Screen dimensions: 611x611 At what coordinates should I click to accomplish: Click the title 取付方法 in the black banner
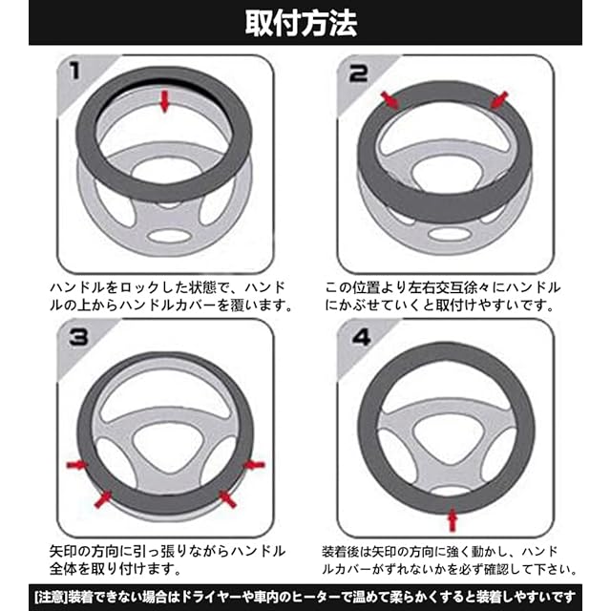point(302,23)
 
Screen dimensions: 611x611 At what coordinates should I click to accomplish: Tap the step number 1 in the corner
point(74,72)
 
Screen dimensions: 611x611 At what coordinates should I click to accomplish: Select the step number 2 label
point(358,73)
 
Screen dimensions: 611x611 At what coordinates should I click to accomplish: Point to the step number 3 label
point(78,337)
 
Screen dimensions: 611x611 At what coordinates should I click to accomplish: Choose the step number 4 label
point(361,337)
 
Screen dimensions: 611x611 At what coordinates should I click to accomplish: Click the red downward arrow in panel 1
point(165,101)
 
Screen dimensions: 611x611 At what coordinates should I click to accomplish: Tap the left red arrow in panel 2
point(390,100)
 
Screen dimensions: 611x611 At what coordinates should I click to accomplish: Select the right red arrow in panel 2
point(498,100)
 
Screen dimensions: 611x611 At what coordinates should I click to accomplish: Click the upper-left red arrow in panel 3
point(77,465)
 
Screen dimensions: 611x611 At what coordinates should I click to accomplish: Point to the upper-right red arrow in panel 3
point(254,465)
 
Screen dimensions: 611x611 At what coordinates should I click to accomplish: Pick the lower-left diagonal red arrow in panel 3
point(103,498)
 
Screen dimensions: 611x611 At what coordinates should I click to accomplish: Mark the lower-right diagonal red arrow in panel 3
point(227,499)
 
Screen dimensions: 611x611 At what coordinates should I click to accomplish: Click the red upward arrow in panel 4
point(452,519)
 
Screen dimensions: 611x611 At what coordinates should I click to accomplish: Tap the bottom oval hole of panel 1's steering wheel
point(169,236)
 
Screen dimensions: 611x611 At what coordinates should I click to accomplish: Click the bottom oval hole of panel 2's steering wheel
point(450,234)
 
